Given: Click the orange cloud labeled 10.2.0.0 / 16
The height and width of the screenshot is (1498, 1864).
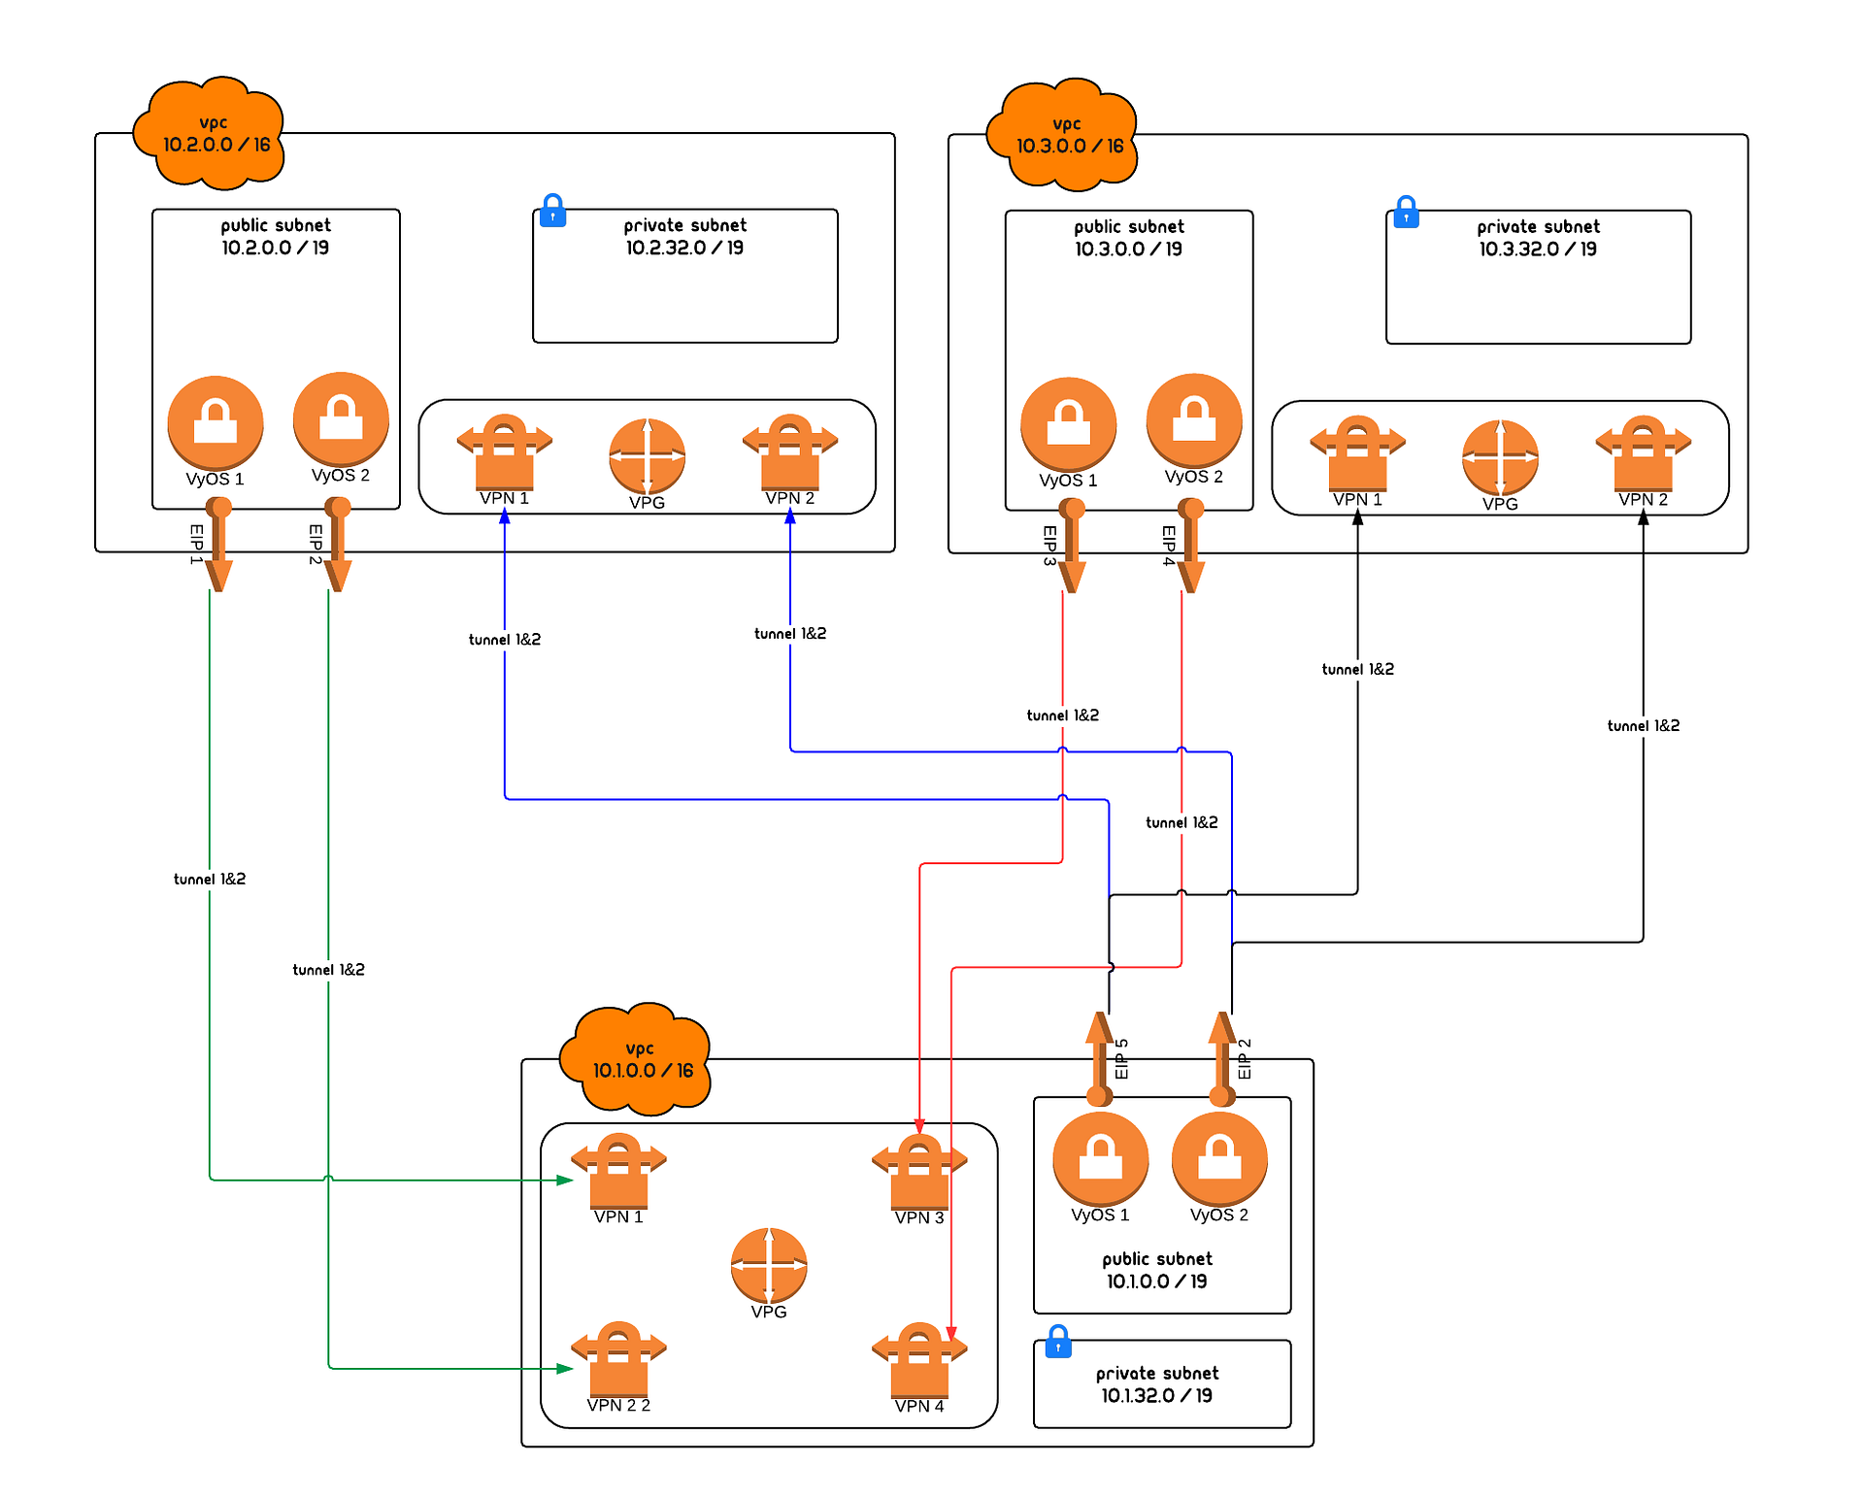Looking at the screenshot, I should (x=210, y=133).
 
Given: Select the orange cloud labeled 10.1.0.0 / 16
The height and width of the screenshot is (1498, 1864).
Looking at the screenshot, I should (x=637, y=1059).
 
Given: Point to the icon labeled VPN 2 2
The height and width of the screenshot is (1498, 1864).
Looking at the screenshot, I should (x=618, y=1358).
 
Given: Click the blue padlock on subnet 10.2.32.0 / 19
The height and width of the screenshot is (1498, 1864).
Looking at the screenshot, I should (x=552, y=210).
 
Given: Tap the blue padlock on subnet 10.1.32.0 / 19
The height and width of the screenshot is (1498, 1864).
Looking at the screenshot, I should (x=1058, y=1342).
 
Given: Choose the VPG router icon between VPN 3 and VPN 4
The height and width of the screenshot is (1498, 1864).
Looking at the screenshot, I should (x=768, y=1265).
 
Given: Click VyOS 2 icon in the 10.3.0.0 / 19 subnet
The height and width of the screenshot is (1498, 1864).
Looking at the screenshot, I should (x=1193, y=419).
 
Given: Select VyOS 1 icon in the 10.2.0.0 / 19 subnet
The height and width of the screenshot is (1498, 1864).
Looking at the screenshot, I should (x=216, y=422).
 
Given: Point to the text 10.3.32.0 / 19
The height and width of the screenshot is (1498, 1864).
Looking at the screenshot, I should (x=1538, y=250).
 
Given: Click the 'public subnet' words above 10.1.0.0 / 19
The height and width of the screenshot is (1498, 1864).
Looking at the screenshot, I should (x=1157, y=1259).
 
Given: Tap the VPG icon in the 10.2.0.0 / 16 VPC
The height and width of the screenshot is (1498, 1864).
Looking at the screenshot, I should (x=647, y=455).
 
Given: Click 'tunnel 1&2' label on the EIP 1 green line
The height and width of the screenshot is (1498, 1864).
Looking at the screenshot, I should (x=210, y=880).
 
